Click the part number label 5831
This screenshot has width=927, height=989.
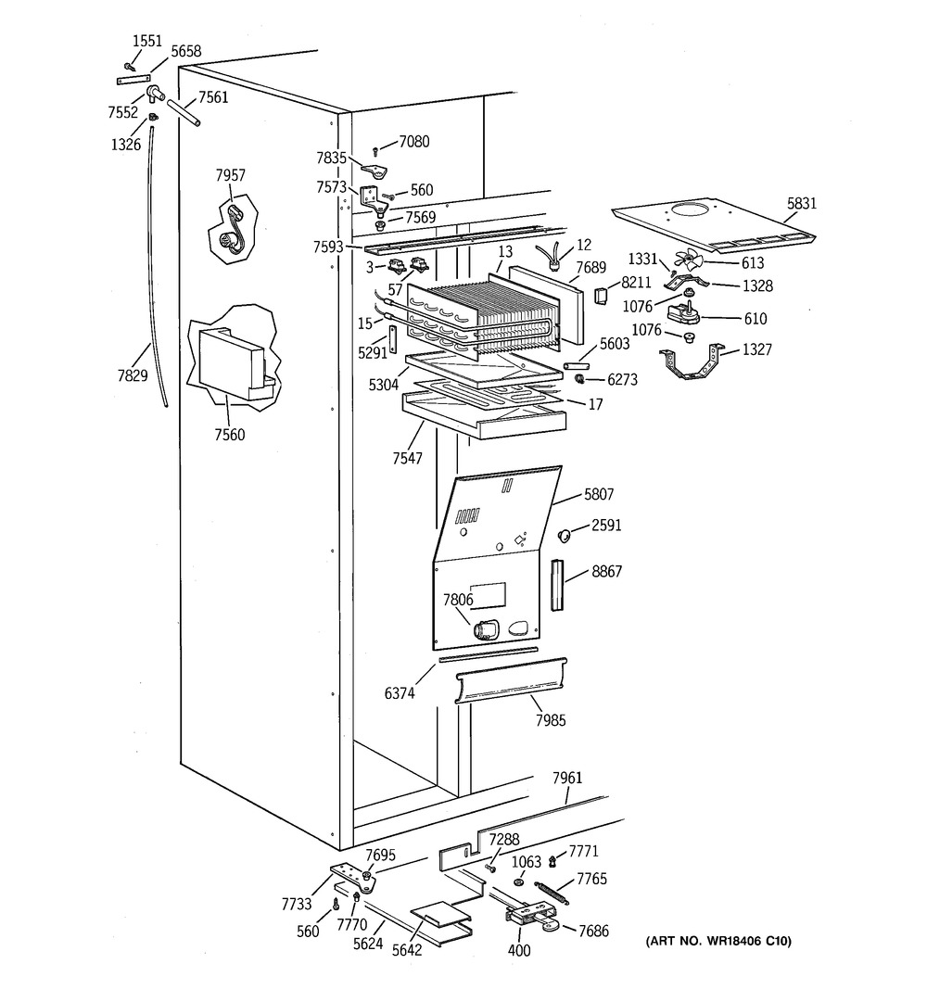801,203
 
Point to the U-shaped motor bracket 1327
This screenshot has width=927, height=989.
692,363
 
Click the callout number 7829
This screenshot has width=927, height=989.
133,375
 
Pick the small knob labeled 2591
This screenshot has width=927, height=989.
564,535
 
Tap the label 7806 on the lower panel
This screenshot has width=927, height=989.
458,599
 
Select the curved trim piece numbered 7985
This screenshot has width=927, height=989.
511,680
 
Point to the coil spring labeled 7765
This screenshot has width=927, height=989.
552,892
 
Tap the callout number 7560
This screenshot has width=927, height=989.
230,435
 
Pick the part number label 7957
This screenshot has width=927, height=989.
231,175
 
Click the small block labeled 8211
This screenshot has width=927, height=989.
602,296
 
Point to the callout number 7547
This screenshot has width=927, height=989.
407,459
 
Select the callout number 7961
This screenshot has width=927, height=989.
567,779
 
